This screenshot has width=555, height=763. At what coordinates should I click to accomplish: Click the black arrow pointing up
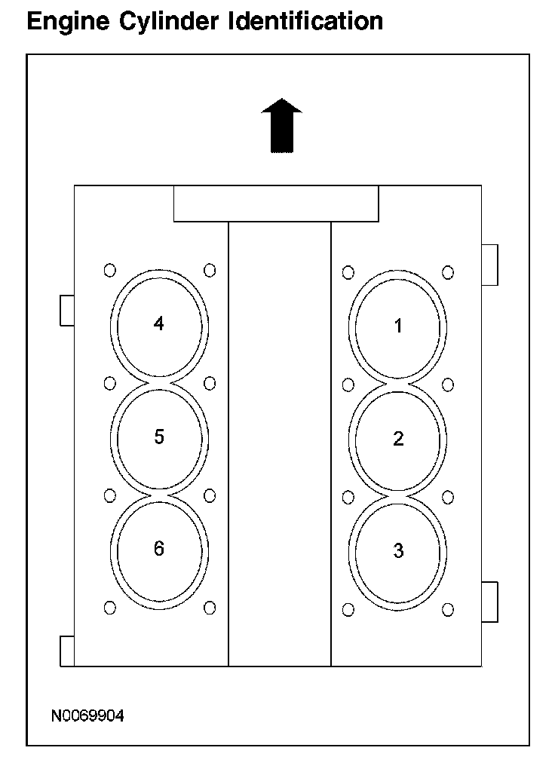(x=282, y=126)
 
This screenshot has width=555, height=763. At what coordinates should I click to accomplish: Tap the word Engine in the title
(x=68, y=22)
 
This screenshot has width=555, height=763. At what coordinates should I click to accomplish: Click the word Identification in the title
(x=305, y=21)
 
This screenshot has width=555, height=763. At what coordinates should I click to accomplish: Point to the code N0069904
(x=87, y=716)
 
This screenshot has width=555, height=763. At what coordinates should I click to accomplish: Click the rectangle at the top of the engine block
(x=276, y=204)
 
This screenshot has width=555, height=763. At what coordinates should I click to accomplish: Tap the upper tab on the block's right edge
(x=489, y=265)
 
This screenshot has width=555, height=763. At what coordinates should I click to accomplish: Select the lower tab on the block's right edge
(x=489, y=602)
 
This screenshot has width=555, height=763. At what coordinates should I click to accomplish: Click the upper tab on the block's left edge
(x=67, y=310)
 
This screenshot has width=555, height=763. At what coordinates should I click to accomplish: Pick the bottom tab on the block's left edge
(x=67, y=651)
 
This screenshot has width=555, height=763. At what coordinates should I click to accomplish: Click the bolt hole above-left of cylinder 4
(x=110, y=270)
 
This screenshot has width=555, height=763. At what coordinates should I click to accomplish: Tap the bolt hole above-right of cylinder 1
(x=448, y=272)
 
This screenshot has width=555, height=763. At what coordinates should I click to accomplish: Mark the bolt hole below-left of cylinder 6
(x=110, y=608)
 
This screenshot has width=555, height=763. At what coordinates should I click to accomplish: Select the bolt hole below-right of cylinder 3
(x=448, y=610)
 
